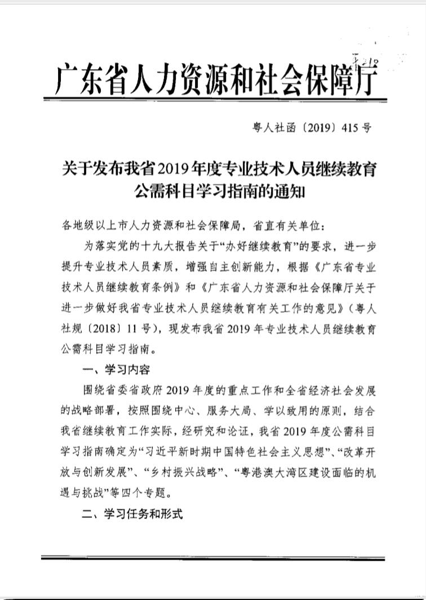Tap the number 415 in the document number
tap(350, 127)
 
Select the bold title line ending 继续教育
tap(219, 169)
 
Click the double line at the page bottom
tap(213, 557)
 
